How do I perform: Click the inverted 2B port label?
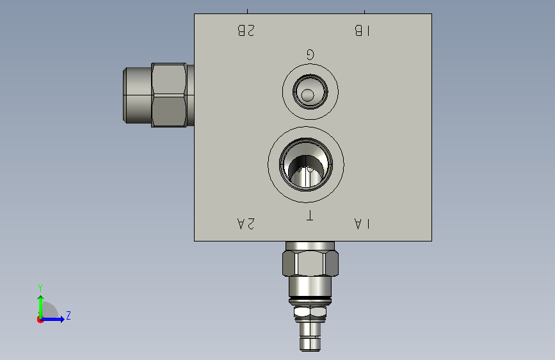pyautogui.click(x=246, y=31)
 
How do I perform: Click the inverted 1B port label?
pyautogui.click(x=362, y=31)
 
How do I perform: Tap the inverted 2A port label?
pyautogui.click(x=246, y=224)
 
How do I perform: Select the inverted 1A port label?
pyautogui.click(x=362, y=224)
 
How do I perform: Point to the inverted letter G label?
pyautogui.click(x=310, y=54)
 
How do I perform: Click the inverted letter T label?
pyautogui.click(x=309, y=215)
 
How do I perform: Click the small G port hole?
pyautogui.click(x=310, y=92)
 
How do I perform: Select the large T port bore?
pyautogui.click(x=306, y=165)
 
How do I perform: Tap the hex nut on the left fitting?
pyautogui.click(x=169, y=95)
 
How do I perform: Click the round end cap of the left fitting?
pyautogui.click(x=138, y=95)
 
